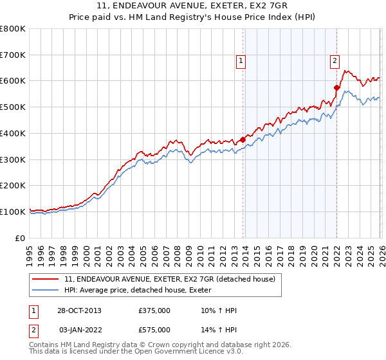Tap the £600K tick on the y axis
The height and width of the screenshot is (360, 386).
coord(13,81)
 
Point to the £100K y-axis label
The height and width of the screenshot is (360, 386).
coord(13,212)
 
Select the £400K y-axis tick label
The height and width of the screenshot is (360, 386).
coord(13,133)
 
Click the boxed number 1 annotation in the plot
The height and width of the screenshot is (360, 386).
coord(241,61)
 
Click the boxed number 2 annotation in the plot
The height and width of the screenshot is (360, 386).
coord(335,61)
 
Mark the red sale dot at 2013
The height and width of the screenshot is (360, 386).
coord(243,139)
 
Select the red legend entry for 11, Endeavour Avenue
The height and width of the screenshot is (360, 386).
coord(170,279)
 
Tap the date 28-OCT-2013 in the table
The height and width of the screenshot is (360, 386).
coord(80,310)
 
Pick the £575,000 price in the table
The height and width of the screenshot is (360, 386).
coord(154,330)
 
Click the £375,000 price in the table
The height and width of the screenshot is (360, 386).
coord(154,310)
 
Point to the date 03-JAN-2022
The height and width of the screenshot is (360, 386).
coord(80,330)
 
